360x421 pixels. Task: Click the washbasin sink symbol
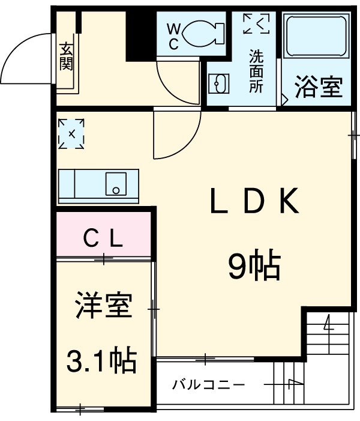pos(218,83)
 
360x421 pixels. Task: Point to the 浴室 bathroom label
pos(318,88)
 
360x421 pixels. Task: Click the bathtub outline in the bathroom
pos(316,37)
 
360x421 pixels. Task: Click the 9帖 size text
pos(254,266)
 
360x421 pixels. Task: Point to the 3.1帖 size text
pos(101,360)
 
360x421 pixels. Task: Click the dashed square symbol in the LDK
pos(71,134)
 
